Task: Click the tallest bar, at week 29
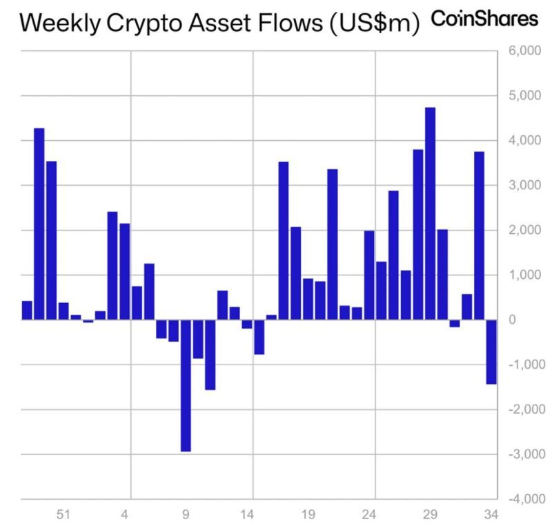[x=430, y=214]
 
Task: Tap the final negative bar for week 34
[x=491, y=351]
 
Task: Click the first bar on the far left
[x=27, y=310]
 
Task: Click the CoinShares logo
[x=484, y=19]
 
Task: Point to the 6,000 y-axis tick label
[x=522, y=51]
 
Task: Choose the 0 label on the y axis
[x=511, y=320]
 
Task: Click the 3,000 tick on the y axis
[x=522, y=186]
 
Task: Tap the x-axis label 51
[x=63, y=514]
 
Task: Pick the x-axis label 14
[x=247, y=514]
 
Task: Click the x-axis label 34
[x=491, y=514]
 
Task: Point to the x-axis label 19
[x=308, y=514]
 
